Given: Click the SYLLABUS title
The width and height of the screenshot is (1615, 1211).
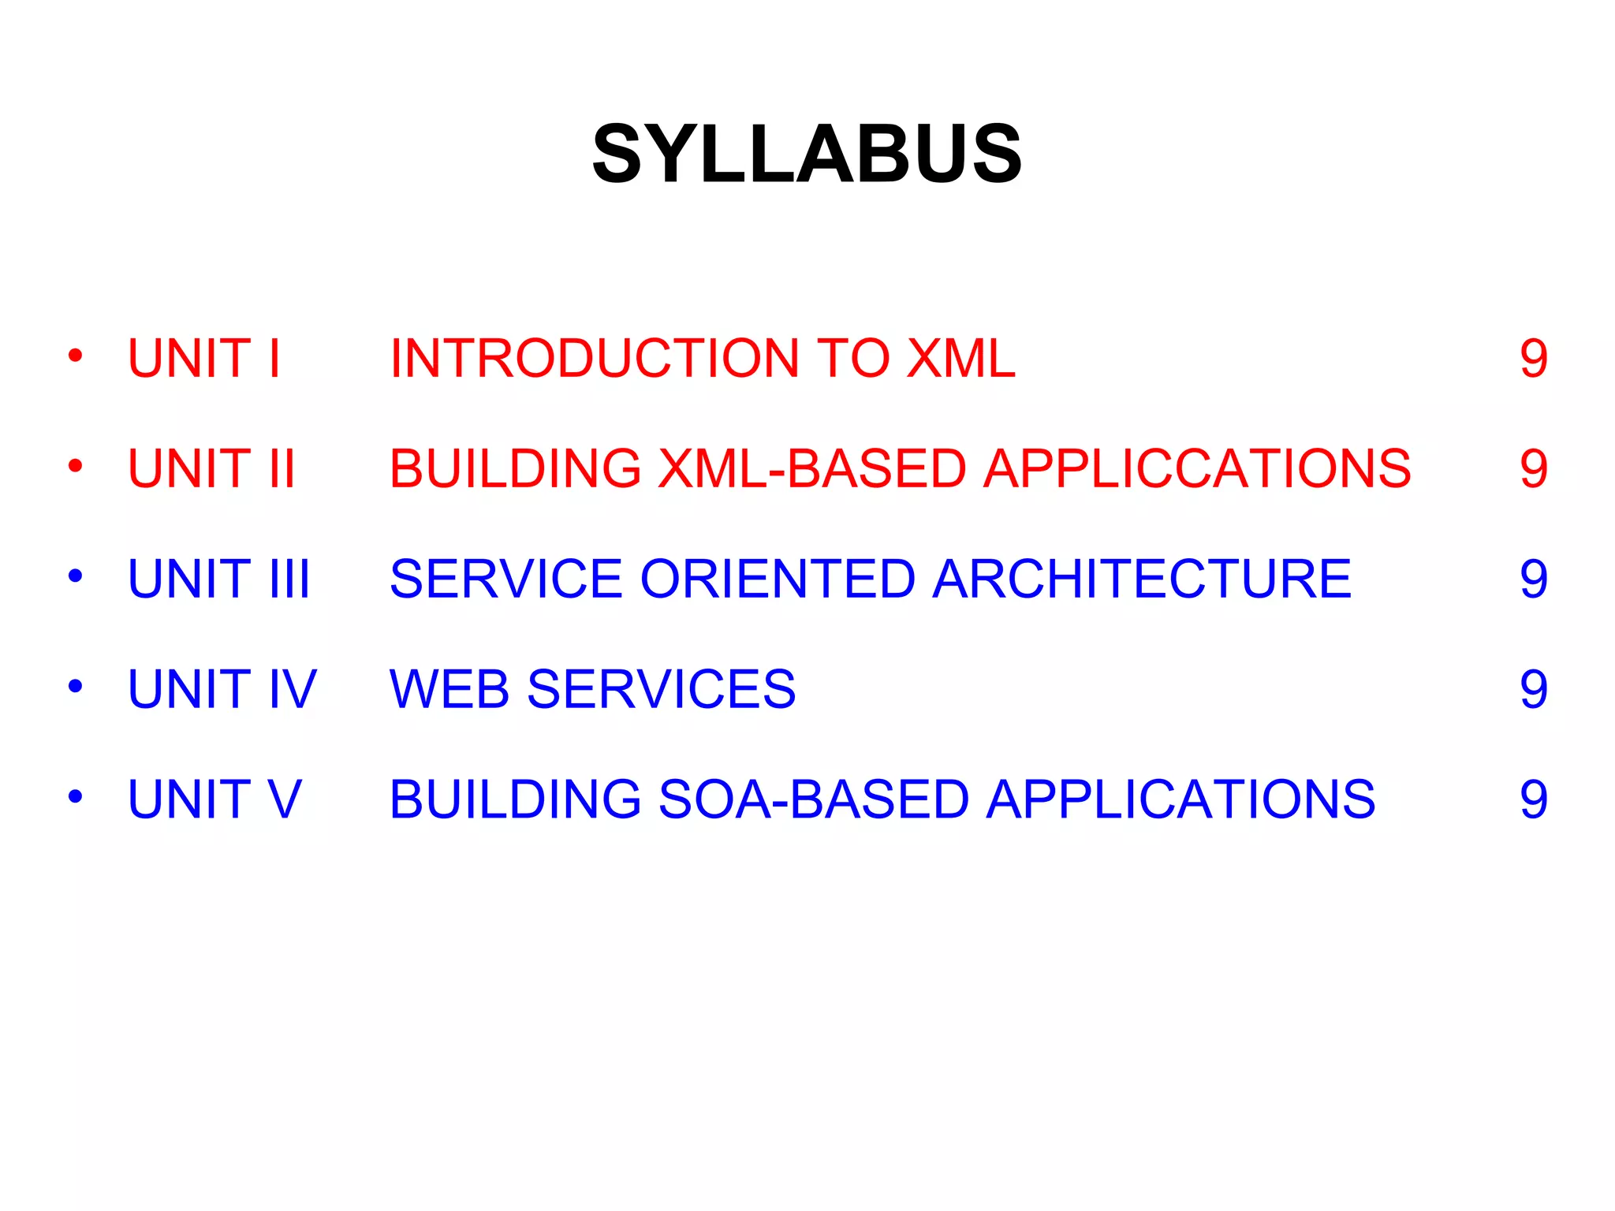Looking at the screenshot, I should pos(807,154).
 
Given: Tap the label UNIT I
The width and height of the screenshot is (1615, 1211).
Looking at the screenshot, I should pos(203,359).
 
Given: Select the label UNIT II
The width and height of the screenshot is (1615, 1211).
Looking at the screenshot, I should pos(211,469).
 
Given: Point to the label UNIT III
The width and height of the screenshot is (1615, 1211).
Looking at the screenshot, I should pos(218,579).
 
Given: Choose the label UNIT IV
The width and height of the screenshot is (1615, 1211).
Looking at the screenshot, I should pos(222,690).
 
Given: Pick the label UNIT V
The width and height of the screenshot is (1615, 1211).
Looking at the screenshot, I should pos(214,800).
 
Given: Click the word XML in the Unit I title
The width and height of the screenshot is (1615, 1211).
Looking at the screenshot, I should pos(960,359).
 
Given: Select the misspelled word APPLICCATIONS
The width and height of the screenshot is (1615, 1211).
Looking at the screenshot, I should pos(1197,469).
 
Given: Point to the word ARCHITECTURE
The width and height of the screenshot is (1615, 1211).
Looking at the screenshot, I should pos(1142,579).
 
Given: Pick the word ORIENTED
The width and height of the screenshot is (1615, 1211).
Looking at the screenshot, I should pos(778,579).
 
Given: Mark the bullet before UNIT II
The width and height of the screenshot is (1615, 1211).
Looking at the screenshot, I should pos(76,466).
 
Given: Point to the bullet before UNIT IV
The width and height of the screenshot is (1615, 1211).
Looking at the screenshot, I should pos(76,687).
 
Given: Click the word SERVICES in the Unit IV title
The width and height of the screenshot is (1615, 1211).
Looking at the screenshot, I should pos(661,690).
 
